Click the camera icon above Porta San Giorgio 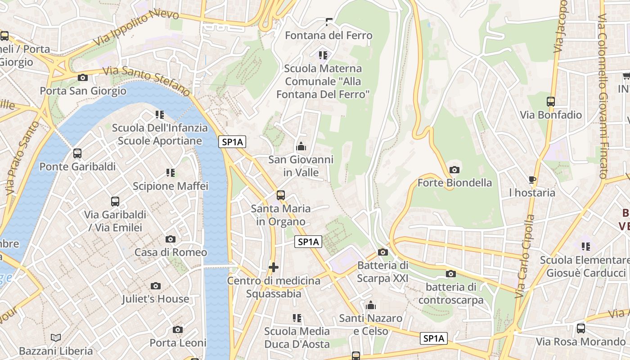[82, 77]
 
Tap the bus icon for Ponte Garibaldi [77, 153]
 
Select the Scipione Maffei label [171, 186]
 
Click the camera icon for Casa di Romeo [171, 239]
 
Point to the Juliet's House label [156, 299]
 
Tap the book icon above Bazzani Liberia [56, 337]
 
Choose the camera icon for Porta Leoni [178, 329]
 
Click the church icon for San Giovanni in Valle [301, 146]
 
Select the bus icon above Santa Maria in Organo [281, 195]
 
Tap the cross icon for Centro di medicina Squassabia [273, 267]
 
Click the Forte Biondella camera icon [454, 170]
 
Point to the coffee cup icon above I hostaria [532, 180]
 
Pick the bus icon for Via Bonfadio [551, 102]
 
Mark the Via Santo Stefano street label [147, 81]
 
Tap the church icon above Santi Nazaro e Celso [371, 306]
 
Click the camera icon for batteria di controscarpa [451, 274]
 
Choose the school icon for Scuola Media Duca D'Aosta [297, 318]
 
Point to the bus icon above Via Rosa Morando [581, 328]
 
